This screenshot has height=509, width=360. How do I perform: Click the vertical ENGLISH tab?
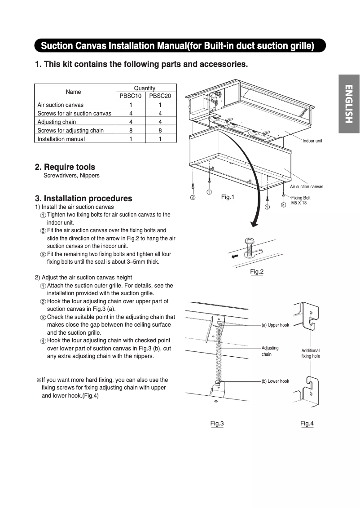point(349,104)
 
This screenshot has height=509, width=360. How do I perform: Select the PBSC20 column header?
point(160,96)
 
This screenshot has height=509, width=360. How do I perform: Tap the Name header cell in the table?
point(74,92)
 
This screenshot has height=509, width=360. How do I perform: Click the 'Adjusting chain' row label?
point(57,122)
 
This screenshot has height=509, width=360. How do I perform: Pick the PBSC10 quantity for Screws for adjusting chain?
point(131,130)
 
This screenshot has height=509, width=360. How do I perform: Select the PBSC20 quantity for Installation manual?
point(160,139)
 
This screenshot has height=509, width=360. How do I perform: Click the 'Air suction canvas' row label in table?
point(61,105)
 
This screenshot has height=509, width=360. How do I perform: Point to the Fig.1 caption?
point(228,197)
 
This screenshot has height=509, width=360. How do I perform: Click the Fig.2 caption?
point(257,271)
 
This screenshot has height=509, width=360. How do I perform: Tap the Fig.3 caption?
point(217,423)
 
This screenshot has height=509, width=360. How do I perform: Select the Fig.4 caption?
point(307,423)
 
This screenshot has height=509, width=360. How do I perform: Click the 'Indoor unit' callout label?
point(312,141)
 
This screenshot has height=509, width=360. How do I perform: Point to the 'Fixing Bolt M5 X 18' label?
point(301,200)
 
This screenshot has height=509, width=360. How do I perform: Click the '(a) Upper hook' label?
point(275,325)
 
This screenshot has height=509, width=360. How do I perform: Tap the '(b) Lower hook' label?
point(275,381)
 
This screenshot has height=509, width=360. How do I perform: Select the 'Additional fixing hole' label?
point(311,353)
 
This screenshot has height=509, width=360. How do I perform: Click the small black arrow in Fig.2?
point(234,258)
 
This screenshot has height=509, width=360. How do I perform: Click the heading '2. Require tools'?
point(65,167)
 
